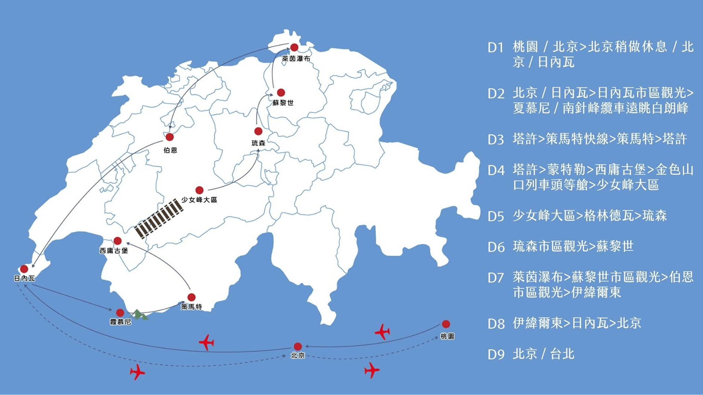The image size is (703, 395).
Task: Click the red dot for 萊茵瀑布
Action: tap(294, 47)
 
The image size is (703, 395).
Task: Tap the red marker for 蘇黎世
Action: tap(281, 92)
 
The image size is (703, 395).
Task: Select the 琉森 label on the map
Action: tap(258, 143)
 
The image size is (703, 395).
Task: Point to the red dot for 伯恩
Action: tap(170, 137)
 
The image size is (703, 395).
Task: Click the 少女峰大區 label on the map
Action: tap(199, 200)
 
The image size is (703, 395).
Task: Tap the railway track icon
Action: tap(159, 219)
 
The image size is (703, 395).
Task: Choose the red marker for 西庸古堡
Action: tap(118, 241)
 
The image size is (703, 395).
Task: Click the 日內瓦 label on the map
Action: tap(24, 278)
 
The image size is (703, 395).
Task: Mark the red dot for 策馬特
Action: tap(191, 297)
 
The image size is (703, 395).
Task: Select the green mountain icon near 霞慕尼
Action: tap(140, 315)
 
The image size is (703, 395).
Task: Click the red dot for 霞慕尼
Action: tap(120, 313)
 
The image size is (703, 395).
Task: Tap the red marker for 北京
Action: tap(298, 346)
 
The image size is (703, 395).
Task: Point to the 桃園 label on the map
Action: tap(447, 336)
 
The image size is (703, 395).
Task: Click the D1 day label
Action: tap(495, 47)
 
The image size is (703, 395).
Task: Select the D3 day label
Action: tap(495, 140)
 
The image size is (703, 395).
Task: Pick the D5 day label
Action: tap(495, 217)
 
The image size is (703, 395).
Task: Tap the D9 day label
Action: tap(495, 355)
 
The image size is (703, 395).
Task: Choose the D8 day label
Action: tap(495, 324)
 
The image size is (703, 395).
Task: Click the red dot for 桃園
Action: tap(446, 324)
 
